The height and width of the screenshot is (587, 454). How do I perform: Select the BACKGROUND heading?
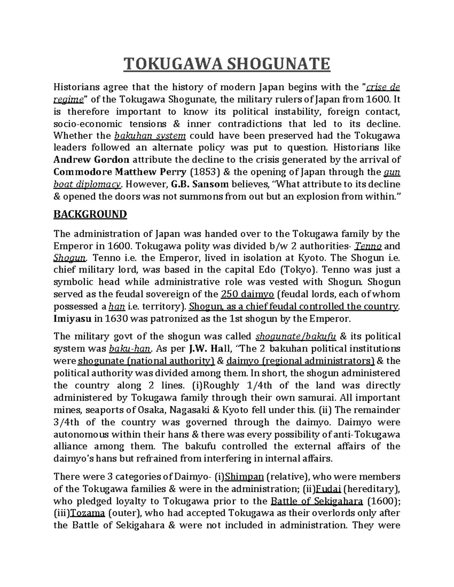90,214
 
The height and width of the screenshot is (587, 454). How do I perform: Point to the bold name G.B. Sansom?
200,184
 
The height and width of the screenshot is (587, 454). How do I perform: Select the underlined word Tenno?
368,246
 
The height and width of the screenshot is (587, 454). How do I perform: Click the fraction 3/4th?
67,422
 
